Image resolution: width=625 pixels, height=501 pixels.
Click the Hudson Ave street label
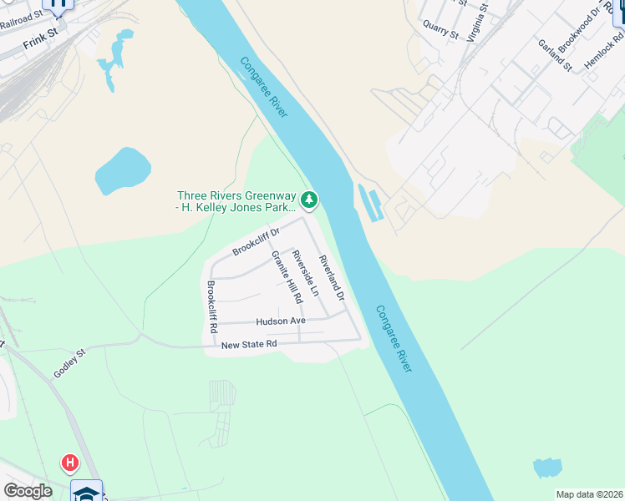(x=281, y=321)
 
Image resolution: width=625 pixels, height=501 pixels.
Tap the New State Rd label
(x=248, y=343)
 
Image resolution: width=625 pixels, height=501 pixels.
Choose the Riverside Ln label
(x=305, y=272)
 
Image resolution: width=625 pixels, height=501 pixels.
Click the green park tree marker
(x=309, y=200)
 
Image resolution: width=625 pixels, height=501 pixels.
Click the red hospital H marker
(x=70, y=462)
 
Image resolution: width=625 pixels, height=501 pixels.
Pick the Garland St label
(x=554, y=55)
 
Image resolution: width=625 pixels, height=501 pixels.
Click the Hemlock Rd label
(x=604, y=50)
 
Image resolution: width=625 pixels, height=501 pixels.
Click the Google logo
(x=28, y=491)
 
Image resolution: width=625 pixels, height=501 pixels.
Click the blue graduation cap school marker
(x=87, y=492)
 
